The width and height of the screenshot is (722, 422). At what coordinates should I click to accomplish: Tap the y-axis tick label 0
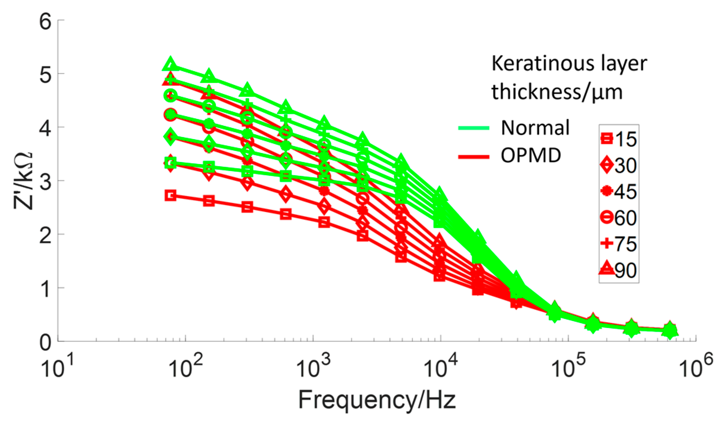[45, 342]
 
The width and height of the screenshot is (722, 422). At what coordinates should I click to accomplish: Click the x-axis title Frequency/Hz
[377, 399]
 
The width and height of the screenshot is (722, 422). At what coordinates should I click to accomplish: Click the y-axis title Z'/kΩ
[24, 181]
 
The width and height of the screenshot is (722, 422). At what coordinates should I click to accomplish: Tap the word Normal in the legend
[535, 128]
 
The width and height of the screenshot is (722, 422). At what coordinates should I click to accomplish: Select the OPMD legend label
[531, 155]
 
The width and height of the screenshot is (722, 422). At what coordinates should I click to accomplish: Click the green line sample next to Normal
[473, 128]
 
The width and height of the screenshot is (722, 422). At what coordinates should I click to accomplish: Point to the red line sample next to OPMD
[473, 157]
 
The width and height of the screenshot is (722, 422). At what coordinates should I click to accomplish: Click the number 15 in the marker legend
[626, 139]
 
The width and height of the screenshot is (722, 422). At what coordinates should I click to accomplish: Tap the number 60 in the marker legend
[626, 218]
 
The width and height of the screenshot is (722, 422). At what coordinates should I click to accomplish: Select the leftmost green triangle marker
[170, 64]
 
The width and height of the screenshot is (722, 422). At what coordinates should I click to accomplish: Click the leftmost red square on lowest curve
[170, 195]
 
